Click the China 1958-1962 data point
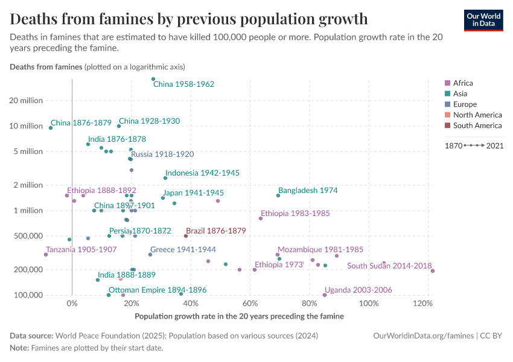coord(153,79)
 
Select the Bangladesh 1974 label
coord(308,190)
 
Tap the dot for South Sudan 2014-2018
coord(433,271)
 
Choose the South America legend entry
coord(477,125)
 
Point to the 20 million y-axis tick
coord(25,100)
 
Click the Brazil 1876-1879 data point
coord(186,236)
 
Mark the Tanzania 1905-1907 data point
coord(46,255)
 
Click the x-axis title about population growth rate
coord(239,316)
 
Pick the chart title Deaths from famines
coord(189,19)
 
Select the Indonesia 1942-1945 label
coord(202,173)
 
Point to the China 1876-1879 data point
coord(51,128)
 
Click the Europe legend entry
coord(464,104)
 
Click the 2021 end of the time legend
coord(495,145)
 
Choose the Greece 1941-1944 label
coord(183,249)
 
